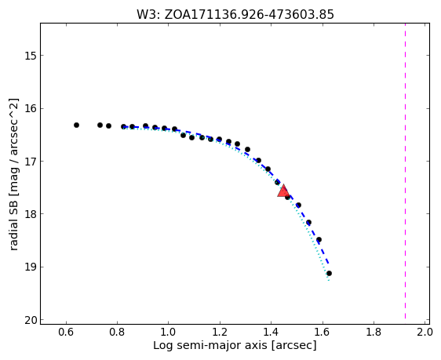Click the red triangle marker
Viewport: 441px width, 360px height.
283,191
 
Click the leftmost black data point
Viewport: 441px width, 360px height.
76,125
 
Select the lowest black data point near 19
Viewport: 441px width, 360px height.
329,274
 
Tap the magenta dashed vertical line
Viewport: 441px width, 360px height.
405,171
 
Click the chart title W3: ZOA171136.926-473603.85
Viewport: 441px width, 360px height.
235,15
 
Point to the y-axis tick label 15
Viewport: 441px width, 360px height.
31,56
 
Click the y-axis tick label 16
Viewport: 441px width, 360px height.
31,108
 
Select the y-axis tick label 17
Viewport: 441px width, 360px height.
31,162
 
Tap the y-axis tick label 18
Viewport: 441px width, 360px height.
31,214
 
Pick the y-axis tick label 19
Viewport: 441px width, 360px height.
31,267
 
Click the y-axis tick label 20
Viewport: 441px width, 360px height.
31,320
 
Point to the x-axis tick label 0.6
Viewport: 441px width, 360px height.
66,333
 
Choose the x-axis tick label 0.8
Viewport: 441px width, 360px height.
117,333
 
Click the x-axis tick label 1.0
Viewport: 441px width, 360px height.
169,333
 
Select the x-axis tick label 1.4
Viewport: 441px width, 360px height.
271,333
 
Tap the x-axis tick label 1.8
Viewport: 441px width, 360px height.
374,333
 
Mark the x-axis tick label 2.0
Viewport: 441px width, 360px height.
425,333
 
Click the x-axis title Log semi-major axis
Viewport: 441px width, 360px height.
210,345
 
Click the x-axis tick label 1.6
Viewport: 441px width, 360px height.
322,333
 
